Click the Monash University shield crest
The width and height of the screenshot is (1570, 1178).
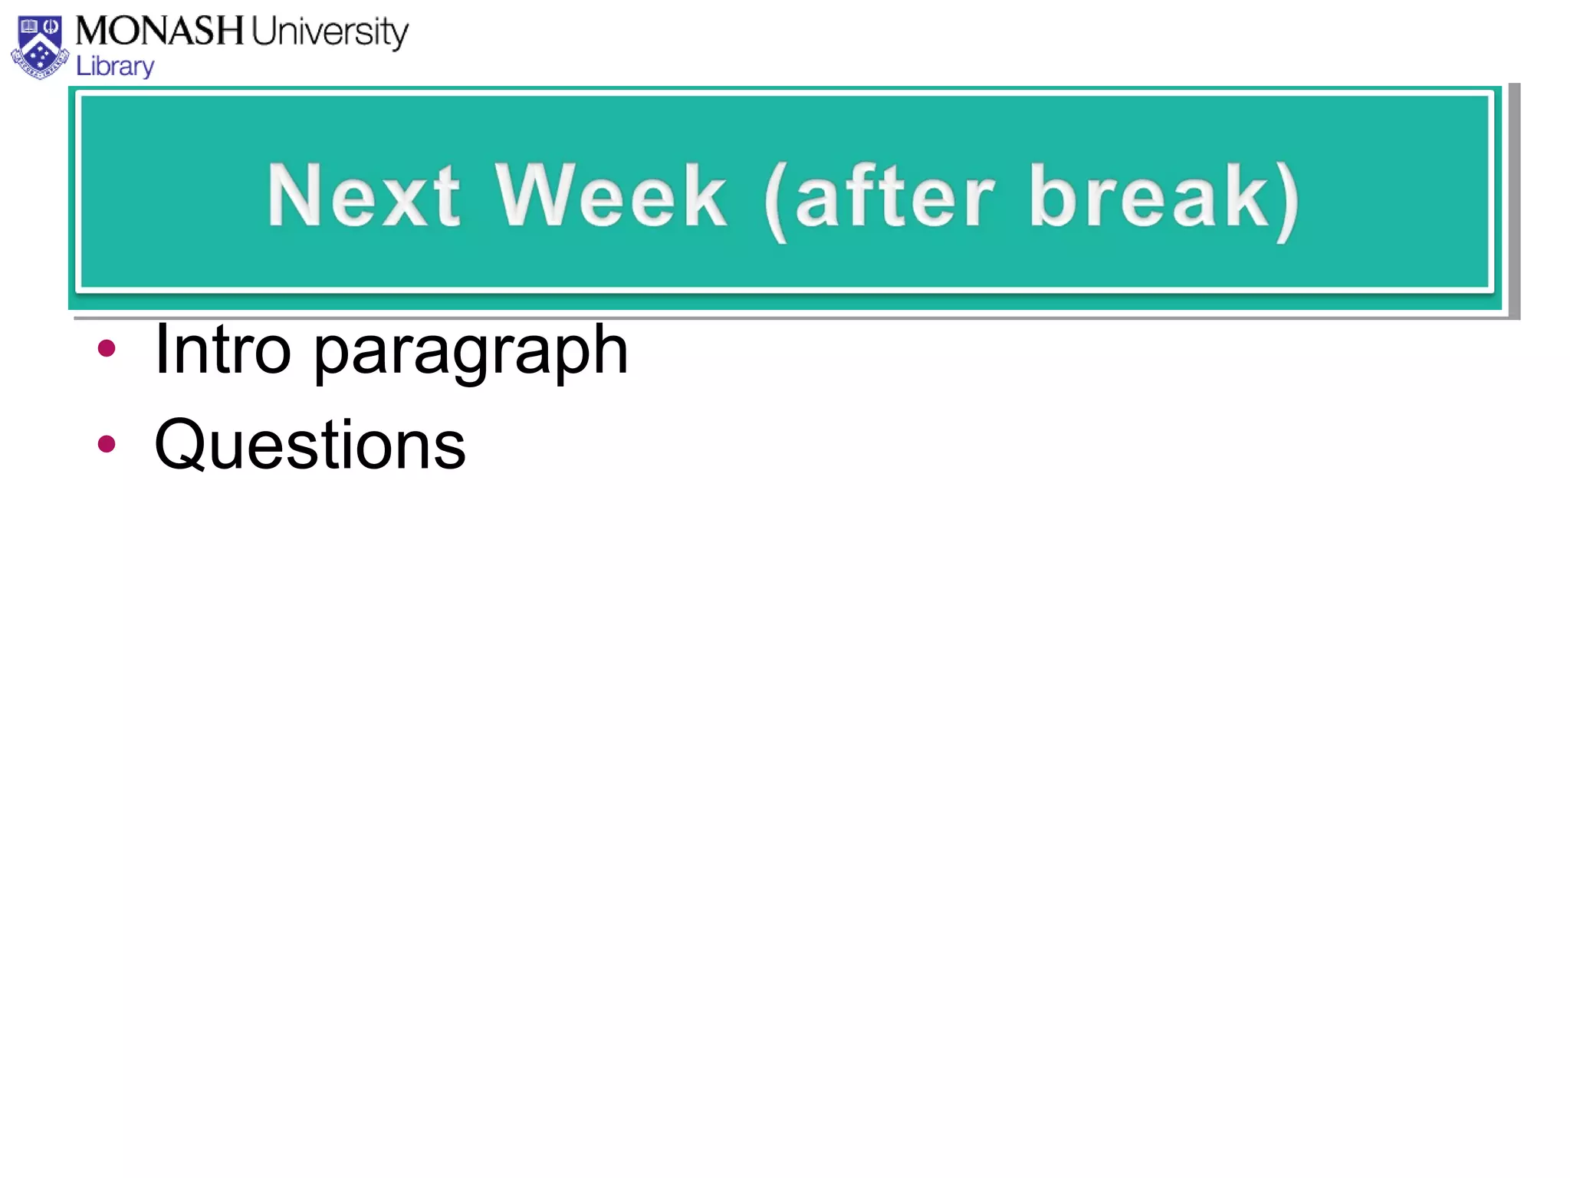pyautogui.click(x=40, y=48)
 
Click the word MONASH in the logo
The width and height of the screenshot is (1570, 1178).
pyautogui.click(x=159, y=31)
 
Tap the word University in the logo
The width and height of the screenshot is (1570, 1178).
pyautogui.click(x=330, y=33)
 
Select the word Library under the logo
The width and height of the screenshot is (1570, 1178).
pyautogui.click(x=115, y=67)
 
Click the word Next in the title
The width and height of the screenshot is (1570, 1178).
pyautogui.click(x=363, y=196)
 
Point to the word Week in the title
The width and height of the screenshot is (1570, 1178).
pyautogui.click(x=610, y=196)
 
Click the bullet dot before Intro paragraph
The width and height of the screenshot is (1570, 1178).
pyautogui.click(x=107, y=349)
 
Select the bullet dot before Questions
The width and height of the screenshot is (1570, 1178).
pyautogui.click(x=107, y=443)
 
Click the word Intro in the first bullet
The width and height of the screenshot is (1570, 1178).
pyautogui.click(x=222, y=350)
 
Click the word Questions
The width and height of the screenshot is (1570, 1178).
pyautogui.click(x=310, y=445)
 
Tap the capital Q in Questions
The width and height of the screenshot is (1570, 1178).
pyautogui.click(x=180, y=445)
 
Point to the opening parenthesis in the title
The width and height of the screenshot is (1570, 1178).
pyautogui.click(x=776, y=201)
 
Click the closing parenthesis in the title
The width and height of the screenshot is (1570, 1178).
pyautogui.click(x=1288, y=201)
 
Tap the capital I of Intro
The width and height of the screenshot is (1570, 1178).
pyautogui.click(x=161, y=350)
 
